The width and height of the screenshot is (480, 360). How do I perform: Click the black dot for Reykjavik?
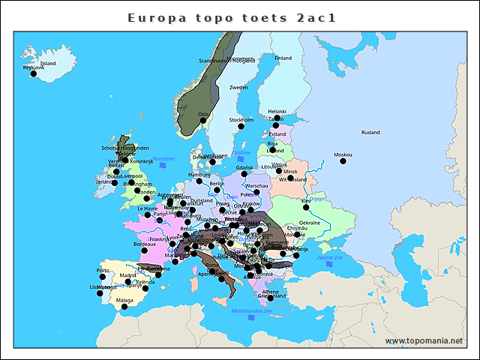[x=33, y=73]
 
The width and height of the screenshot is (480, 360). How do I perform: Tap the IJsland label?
[x=47, y=64]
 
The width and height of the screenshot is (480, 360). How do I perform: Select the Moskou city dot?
[x=343, y=161]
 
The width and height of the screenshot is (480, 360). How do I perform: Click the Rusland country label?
[x=370, y=133]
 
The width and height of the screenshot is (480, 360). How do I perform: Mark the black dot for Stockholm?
[x=241, y=126]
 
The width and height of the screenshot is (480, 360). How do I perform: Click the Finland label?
[x=283, y=58]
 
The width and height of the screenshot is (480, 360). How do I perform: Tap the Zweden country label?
[x=238, y=88]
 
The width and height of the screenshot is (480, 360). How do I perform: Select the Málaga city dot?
[x=124, y=307]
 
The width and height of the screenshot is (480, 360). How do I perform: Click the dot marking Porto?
[x=103, y=277]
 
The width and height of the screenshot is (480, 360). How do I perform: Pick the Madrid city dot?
[x=128, y=282]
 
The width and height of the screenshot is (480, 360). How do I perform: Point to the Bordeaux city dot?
[x=144, y=250]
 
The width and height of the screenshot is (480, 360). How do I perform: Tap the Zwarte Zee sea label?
[x=329, y=257]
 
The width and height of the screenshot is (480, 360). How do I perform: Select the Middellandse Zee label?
[x=251, y=310]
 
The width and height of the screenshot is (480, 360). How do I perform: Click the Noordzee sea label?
[x=163, y=159]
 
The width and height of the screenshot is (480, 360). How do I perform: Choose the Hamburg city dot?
[x=199, y=181]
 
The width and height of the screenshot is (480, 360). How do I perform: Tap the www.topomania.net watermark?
[x=424, y=341]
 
